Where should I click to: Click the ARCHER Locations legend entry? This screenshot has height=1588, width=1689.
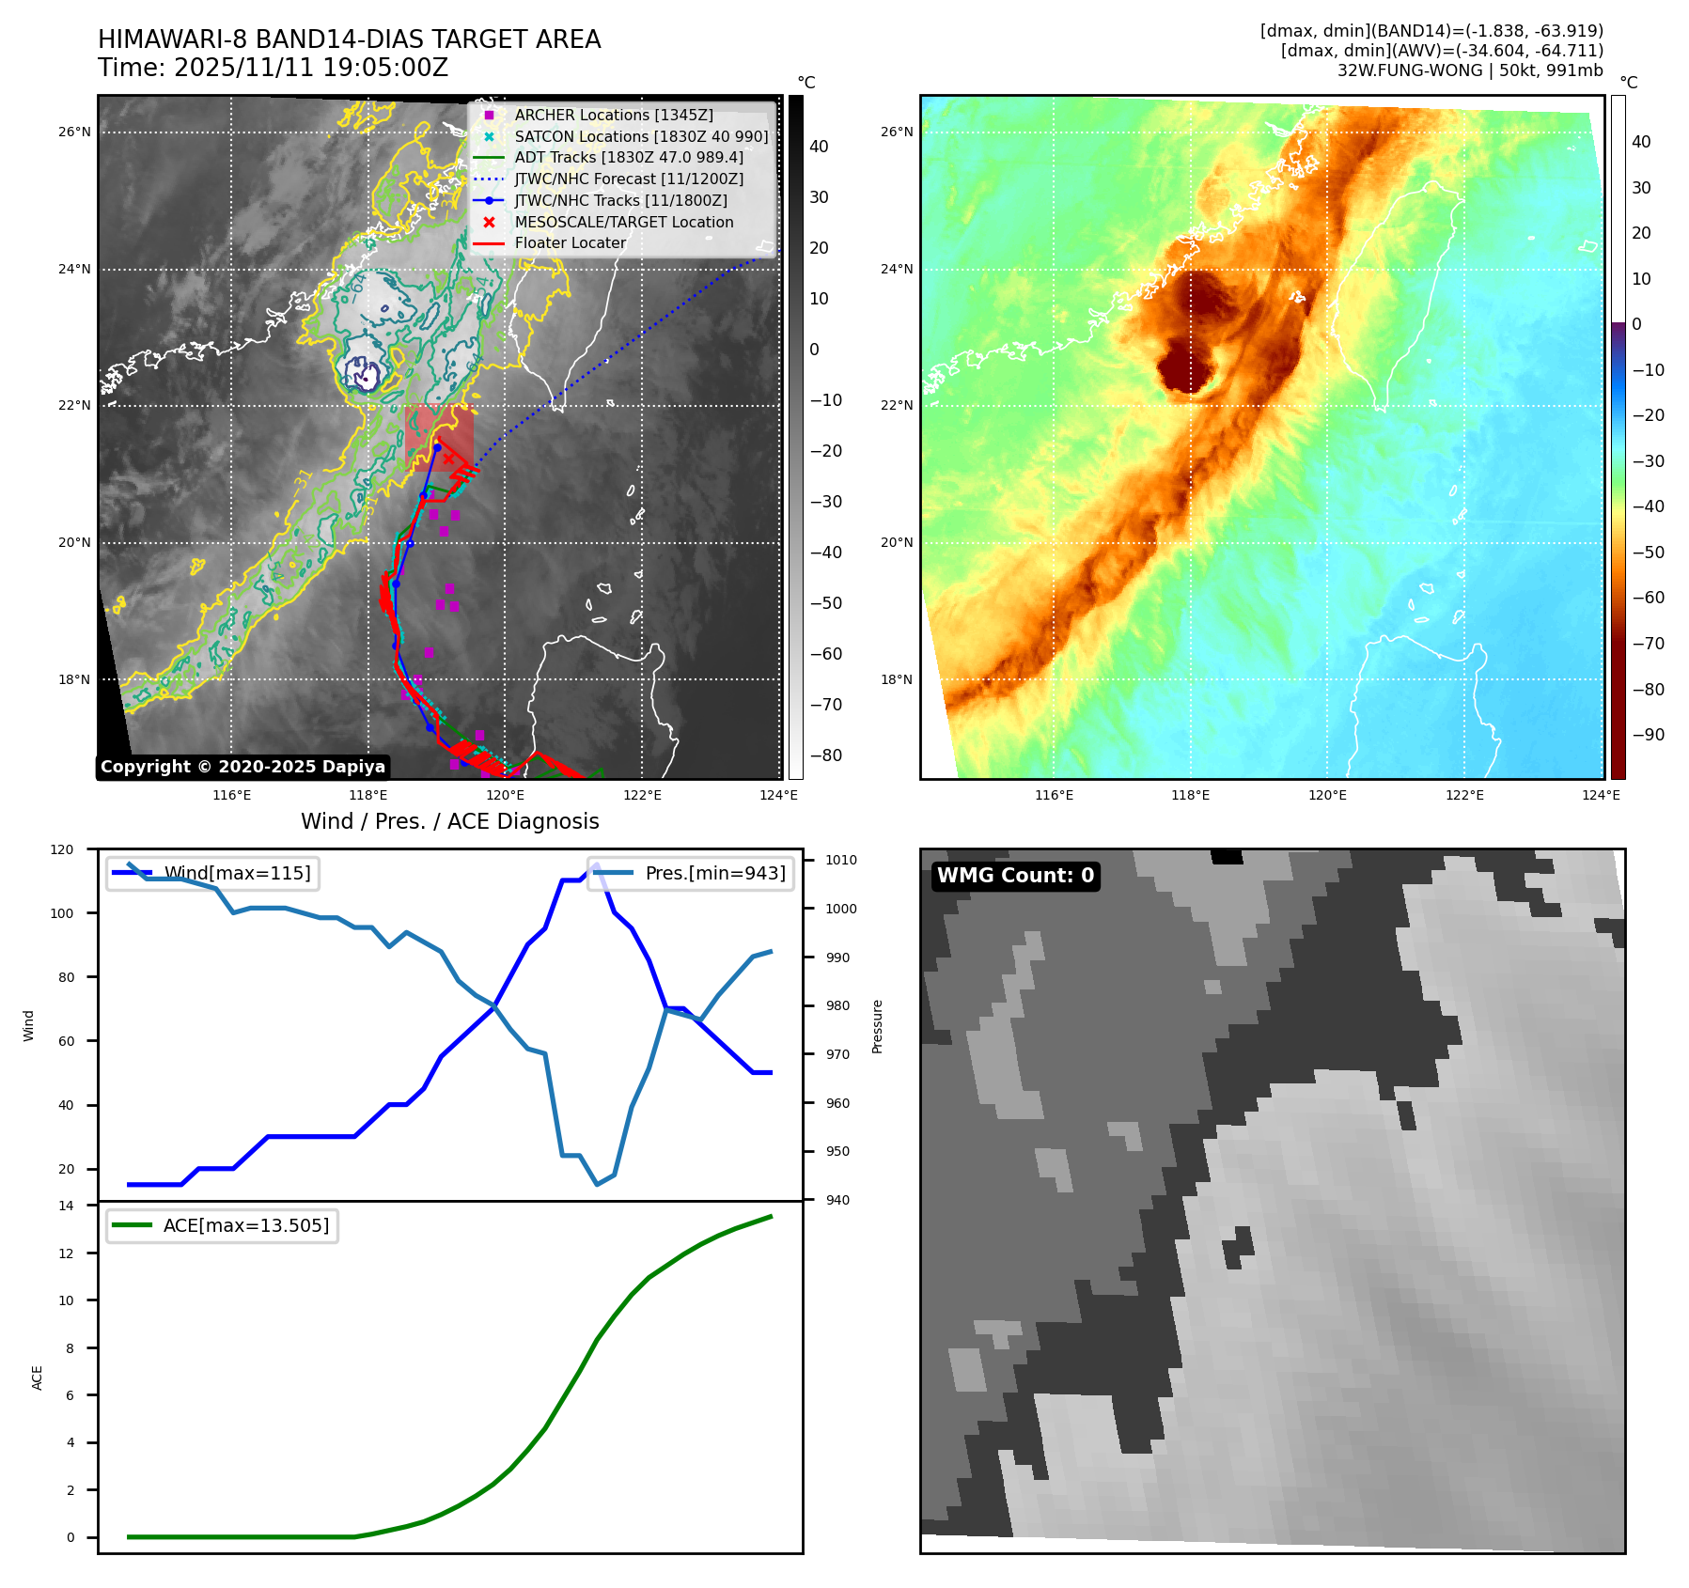613,115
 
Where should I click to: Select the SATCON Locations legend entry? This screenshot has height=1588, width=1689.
640,136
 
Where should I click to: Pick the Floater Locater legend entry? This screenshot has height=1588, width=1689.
570,242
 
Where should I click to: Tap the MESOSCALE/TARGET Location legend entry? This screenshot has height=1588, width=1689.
623,222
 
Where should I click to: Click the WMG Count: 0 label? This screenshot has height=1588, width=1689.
1015,876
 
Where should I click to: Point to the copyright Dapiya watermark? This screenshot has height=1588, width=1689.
242,767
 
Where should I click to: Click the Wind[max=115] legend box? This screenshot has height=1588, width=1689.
213,873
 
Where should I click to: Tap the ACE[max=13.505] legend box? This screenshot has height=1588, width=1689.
223,1225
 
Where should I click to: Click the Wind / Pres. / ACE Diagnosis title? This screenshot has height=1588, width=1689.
449,821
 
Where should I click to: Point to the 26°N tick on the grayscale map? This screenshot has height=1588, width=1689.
74,132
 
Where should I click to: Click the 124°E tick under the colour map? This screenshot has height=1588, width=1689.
1601,795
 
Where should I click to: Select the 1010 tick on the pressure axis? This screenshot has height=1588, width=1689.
840,860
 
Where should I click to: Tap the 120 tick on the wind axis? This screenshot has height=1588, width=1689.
62,849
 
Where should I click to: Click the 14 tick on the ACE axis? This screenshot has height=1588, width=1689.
66,1206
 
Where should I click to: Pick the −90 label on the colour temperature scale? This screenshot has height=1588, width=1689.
1648,735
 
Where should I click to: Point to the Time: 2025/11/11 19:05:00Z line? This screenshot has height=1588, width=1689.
273,68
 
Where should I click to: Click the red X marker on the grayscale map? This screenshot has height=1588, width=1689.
448,458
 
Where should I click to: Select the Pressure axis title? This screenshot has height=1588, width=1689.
877,1026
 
